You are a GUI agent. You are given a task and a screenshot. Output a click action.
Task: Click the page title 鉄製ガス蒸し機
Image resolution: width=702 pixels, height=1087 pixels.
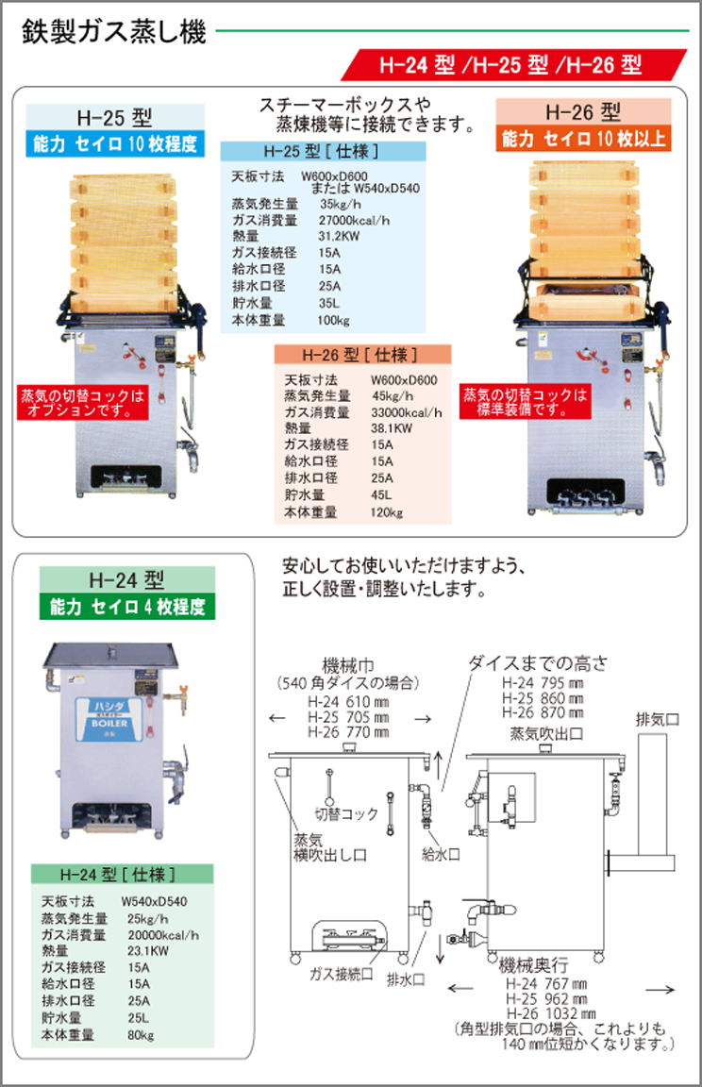click(x=114, y=31)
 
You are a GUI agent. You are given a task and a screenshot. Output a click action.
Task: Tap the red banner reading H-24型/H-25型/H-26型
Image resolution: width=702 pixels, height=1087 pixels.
click(x=513, y=64)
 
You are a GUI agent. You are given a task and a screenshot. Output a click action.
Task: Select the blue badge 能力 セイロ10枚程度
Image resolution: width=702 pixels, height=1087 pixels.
click(x=115, y=143)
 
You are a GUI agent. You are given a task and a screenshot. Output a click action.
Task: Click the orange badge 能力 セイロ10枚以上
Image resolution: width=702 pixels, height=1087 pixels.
click(x=583, y=139)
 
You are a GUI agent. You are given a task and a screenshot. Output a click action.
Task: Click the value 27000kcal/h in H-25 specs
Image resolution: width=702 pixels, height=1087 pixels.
click(x=354, y=221)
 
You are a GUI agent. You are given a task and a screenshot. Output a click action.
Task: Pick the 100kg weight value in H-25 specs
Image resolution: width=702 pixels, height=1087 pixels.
click(x=333, y=320)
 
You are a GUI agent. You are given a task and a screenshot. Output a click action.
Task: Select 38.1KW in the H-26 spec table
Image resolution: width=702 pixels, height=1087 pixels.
click(x=391, y=428)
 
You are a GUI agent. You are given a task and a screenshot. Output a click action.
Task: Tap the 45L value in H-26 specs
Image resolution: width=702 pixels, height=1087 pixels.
click(x=381, y=495)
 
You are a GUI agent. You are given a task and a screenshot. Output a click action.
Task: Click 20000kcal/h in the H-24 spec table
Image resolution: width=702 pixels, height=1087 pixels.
click(x=163, y=934)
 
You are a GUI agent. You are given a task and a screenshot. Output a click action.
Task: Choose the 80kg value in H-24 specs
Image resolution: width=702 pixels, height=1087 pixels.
click(x=141, y=1035)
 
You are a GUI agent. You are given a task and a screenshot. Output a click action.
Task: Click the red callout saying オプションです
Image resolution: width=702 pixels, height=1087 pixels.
click(x=83, y=404)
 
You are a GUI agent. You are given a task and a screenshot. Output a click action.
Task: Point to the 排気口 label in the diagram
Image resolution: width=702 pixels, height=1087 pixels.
click(x=657, y=719)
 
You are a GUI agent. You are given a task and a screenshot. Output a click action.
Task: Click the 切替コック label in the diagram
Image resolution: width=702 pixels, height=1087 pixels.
click(x=346, y=813)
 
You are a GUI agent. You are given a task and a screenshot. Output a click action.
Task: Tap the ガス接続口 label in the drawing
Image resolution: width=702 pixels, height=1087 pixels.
click(x=341, y=974)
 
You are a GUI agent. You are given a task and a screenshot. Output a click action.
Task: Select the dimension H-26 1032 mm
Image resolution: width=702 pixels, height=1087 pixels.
click(x=551, y=1013)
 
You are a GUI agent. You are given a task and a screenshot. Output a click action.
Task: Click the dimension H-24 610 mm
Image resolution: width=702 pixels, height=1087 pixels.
click(x=348, y=702)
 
